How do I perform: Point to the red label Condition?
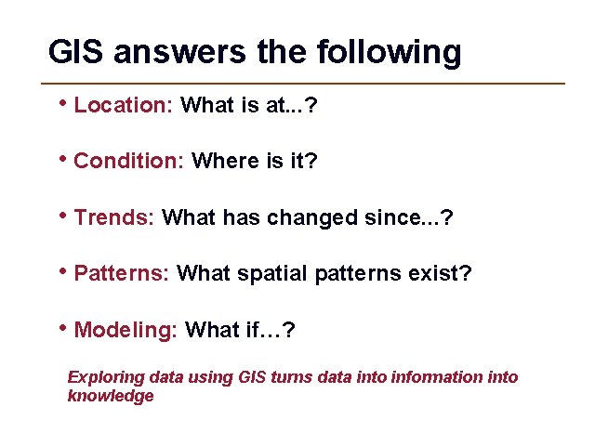[128, 162]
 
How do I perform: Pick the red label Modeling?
[126, 330]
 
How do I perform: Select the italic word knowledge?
[111, 396]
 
